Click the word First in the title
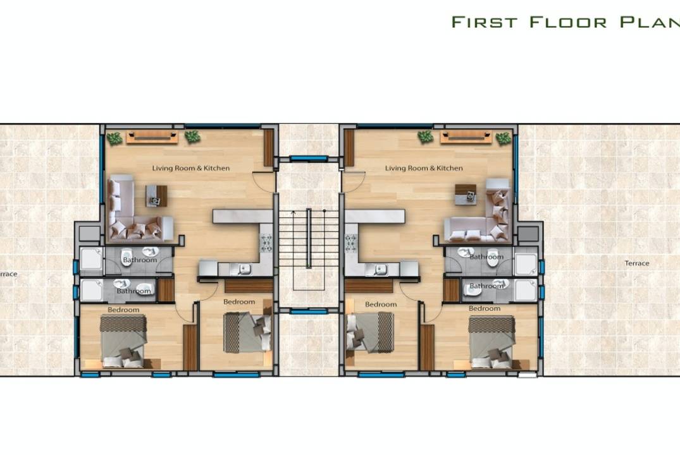pos(485,22)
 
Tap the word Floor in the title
pos(568,22)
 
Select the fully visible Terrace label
pos(636,263)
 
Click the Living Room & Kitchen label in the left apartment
pos(191,168)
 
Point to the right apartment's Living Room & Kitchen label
pos(424,168)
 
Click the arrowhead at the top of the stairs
pos(293,212)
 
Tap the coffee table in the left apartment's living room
pos(156,196)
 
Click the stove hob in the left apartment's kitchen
pos(266,243)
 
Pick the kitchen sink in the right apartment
pos(381,270)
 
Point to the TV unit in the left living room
pos(152,137)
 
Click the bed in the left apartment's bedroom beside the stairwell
pos(247,332)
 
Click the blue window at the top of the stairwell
pos(308,159)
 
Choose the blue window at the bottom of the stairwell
pos(308,311)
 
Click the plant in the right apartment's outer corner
pos(503,138)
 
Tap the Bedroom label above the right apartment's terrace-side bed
pos(485,308)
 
